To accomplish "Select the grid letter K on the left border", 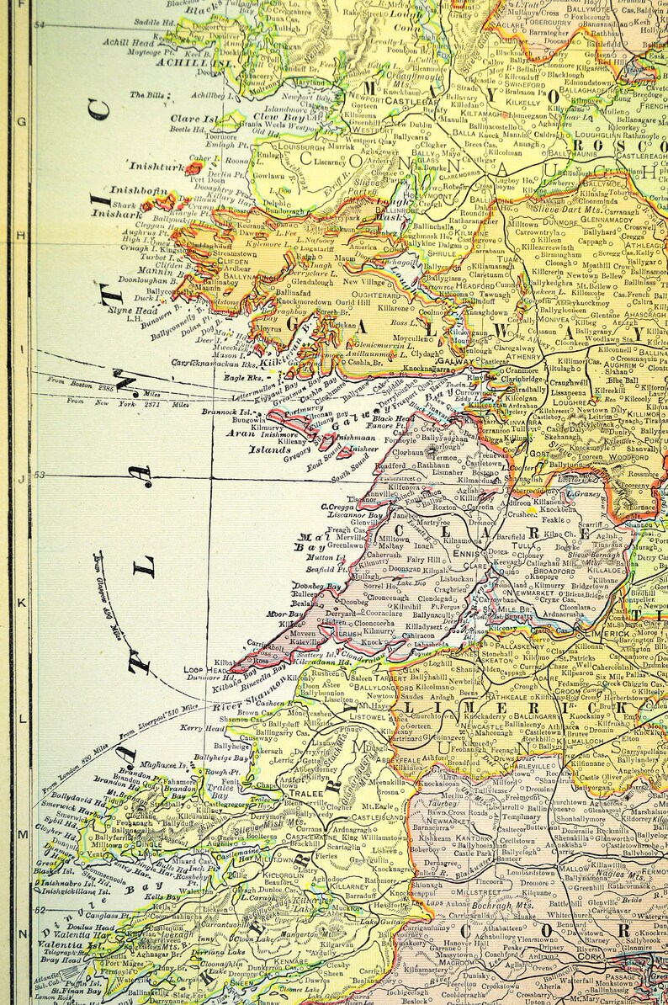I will pyautogui.click(x=21, y=602).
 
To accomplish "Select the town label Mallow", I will pyautogui.click(x=574, y=868).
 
